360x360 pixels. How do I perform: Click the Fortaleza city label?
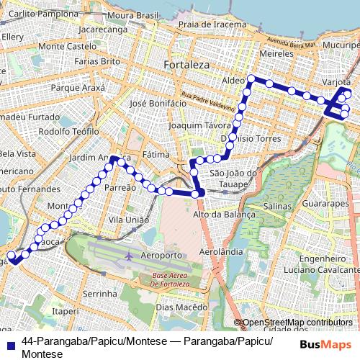coord(186,65)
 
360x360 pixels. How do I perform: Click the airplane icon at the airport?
coord(129,256)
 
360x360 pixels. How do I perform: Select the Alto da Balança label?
coord(225,214)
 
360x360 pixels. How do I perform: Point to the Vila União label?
coord(128,220)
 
